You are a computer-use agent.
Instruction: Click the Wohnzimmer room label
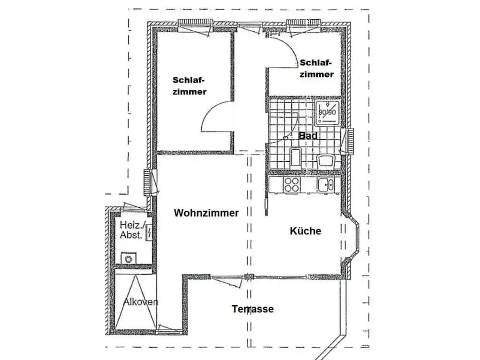click(x=206, y=213)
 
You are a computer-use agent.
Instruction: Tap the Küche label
click(x=305, y=230)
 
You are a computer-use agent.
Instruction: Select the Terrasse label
click(x=252, y=309)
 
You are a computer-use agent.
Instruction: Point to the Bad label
click(x=308, y=136)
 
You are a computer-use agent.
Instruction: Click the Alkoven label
click(x=141, y=302)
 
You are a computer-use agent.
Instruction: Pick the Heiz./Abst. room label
click(x=132, y=230)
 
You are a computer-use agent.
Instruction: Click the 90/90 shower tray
click(x=327, y=112)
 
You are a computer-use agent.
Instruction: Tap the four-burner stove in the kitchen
click(x=291, y=185)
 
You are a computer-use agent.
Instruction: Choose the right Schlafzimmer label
click(x=316, y=68)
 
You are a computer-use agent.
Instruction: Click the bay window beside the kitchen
click(x=352, y=239)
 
